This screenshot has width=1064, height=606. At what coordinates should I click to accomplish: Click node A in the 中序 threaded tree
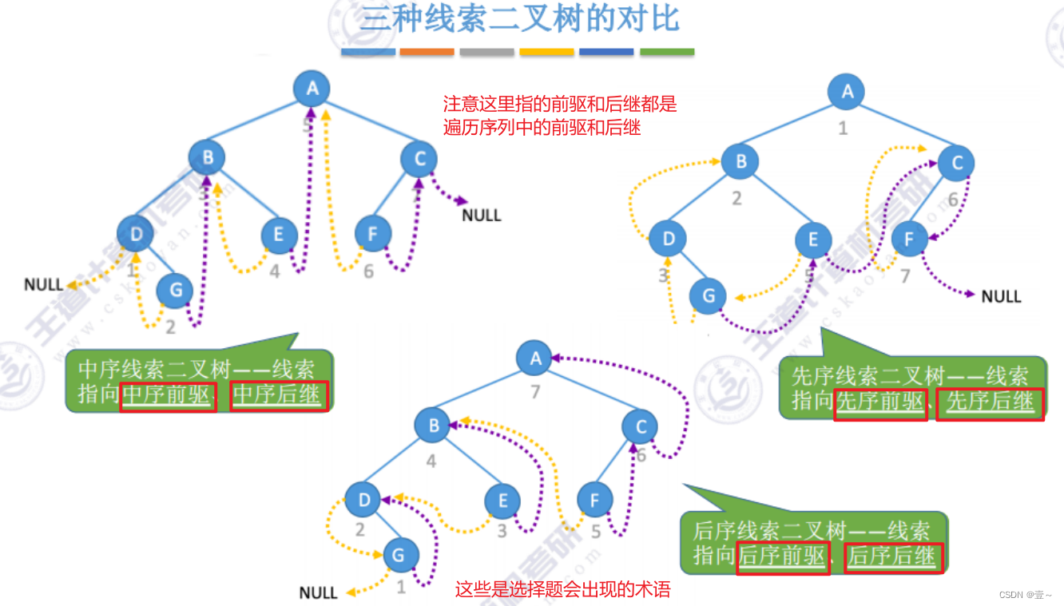coord(312,88)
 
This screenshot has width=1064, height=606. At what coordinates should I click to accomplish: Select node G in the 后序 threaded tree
coord(401,553)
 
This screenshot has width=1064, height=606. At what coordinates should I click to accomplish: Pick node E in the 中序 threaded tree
coord(280,235)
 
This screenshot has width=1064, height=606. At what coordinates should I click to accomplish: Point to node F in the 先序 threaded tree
coord(909,238)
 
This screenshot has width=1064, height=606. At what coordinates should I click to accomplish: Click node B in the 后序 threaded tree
coord(433,426)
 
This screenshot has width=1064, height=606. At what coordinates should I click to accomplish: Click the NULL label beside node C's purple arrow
coord(482,215)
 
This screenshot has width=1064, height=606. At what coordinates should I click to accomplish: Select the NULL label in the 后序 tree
coord(318,592)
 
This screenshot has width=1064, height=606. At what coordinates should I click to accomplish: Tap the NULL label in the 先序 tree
coord(1001,296)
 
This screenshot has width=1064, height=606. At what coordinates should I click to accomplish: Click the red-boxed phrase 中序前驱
coord(168,396)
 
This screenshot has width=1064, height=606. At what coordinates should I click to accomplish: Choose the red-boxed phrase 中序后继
coord(279,396)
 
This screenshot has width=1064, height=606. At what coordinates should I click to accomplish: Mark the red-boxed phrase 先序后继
coord(990,402)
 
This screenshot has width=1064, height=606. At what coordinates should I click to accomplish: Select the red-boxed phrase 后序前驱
coord(781,556)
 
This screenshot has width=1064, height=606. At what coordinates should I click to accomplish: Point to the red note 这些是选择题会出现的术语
coord(562,590)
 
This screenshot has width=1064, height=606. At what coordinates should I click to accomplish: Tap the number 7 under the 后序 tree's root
coord(535,391)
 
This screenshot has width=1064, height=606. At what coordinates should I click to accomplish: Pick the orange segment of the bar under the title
coord(427,52)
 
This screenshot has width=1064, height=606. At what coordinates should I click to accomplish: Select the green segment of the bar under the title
coord(667,52)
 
